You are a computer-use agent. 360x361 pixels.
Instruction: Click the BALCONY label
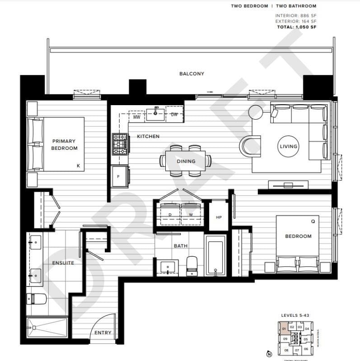pyautogui.click(x=192, y=74)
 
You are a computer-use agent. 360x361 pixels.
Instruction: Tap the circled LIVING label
pyautogui.click(x=288, y=146)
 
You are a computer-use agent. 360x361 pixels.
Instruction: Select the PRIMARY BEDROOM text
pyautogui.click(x=64, y=144)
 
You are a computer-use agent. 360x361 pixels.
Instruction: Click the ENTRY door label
pyautogui.click(x=103, y=333)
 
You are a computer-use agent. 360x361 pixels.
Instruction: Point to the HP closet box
pyautogui.click(x=219, y=217)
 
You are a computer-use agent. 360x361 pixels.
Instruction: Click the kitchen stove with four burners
pyautogui.click(x=120, y=144)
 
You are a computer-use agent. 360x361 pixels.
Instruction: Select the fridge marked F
pyautogui.click(x=119, y=176)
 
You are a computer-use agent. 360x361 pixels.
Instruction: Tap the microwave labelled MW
pyautogui.click(x=136, y=116)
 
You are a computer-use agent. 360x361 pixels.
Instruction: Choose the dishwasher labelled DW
pyautogui.click(x=174, y=115)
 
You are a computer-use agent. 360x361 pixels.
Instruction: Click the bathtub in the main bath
pyautogui.click(x=215, y=255)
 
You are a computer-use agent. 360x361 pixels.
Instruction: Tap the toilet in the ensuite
pyautogui.click(x=34, y=298)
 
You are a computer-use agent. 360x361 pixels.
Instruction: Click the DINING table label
pyautogui.click(x=186, y=161)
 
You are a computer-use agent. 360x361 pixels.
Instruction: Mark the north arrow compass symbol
pyautogui.click(x=269, y=354)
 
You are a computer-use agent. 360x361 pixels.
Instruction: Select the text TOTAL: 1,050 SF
pyautogui.click(x=296, y=27)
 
